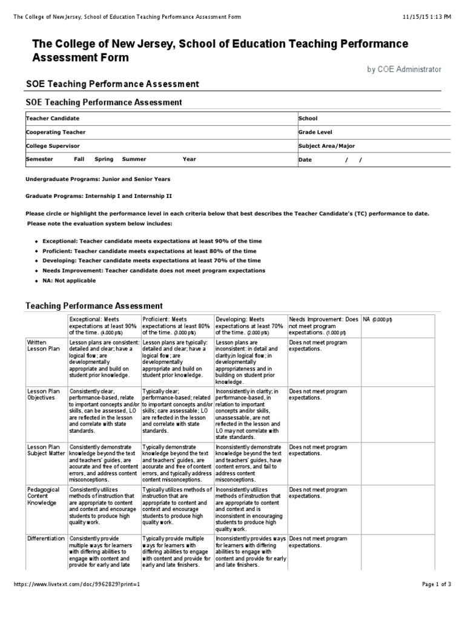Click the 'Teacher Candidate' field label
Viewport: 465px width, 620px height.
coord(52,119)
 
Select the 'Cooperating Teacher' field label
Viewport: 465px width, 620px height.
coord(55,132)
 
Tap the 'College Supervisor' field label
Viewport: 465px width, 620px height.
coord(52,146)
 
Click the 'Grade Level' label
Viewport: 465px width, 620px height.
coord(315,132)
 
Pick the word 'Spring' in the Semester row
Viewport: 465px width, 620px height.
coord(104,159)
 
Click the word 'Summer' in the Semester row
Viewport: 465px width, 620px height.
coord(134,159)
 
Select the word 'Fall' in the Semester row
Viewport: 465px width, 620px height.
coord(79,159)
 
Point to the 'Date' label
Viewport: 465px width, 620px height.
coord(305,160)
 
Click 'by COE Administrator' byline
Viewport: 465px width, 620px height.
coord(404,70)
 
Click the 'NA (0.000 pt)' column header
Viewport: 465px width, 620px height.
coord(377,319)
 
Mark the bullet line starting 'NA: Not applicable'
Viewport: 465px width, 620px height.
coord(69,281)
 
